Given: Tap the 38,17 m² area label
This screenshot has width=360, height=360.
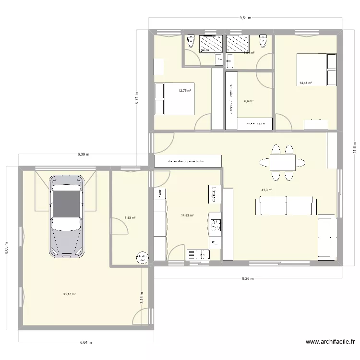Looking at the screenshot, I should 70,294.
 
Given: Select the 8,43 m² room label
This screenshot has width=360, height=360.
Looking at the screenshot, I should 130,217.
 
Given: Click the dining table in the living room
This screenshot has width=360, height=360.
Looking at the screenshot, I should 282,163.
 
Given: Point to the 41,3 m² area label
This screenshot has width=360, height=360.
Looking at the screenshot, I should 267,190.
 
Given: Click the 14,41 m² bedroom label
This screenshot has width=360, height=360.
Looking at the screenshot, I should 306,83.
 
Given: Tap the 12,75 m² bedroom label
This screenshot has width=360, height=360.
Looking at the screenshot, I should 185,90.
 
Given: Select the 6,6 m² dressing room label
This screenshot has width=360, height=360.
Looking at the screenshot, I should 249,101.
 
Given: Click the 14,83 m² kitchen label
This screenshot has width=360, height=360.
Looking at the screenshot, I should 187,216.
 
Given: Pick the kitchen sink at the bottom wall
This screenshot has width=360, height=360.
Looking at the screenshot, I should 197,254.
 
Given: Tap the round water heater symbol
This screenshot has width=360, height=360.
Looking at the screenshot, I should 142,258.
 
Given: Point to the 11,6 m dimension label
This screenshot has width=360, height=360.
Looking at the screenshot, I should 355,146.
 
